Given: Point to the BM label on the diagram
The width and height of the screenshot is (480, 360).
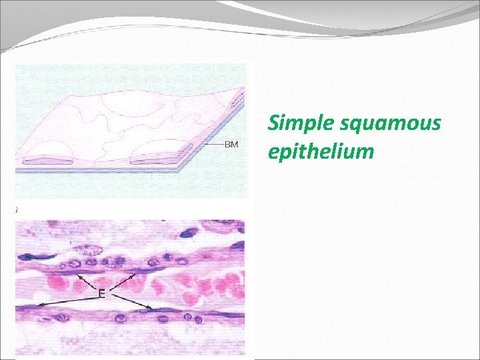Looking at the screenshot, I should coord(232,145).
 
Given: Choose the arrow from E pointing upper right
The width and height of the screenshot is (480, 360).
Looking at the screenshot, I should coord(123,281).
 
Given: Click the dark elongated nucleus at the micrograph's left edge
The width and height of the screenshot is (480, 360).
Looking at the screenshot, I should coord(30,257).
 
